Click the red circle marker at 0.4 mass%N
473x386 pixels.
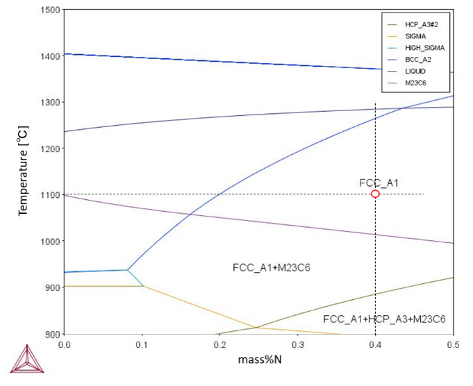375,194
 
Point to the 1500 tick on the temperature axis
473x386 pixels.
50,10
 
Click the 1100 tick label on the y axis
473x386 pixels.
50,195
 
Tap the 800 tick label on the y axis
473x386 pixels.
52,334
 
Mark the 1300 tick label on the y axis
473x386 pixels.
50,103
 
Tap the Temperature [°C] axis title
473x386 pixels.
23,171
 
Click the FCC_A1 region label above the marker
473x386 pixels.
378,183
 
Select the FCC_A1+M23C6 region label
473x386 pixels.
267,268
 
